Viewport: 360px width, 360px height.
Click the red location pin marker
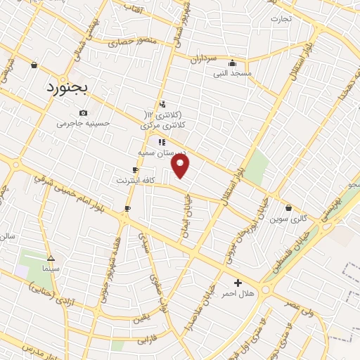tap(181, 166)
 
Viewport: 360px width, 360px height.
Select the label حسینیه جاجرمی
tap(84, 123)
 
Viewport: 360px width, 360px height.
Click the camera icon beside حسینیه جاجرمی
tap(84, 112)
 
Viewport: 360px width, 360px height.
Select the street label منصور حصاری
tap(135, 43)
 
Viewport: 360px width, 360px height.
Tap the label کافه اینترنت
tap(136, 181)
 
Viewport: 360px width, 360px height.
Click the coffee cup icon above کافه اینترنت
tap(135, 170)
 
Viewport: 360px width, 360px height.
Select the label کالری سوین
tap(289, 219)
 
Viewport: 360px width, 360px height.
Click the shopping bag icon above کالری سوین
tap(289, 208)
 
